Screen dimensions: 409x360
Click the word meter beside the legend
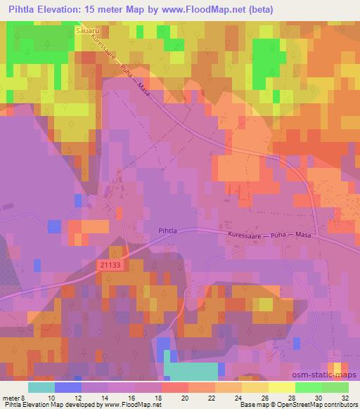pyautogui.click(x=11, y=397)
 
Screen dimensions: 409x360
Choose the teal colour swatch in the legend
pyautogui.click(x=41, y=387)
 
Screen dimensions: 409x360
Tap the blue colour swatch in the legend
pyautogui.click(x=68, y=387)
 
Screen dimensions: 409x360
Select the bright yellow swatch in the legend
pyautogui.click(x=282, y=387)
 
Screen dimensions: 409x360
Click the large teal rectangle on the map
pyautogui.click(x=191, y=372)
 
